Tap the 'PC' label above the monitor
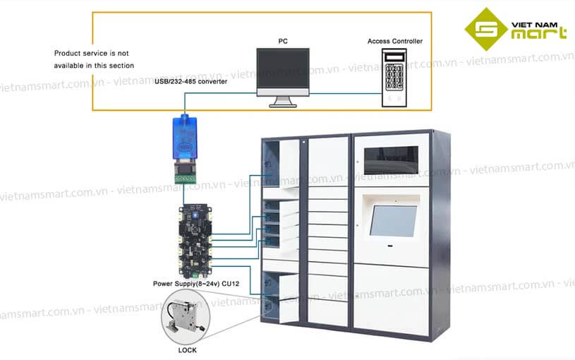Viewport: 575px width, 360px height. (x=283, y=42)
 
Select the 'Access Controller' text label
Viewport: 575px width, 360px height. (x=395, y=42)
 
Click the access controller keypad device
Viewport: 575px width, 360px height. (x=395, y=78)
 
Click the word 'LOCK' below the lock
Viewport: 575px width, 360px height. (x=187, y=350)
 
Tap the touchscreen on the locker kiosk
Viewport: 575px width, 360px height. (x=395, y=220)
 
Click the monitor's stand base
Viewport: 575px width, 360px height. (x=284, y=105)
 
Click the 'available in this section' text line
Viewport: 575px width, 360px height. (x=94, y=66)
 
